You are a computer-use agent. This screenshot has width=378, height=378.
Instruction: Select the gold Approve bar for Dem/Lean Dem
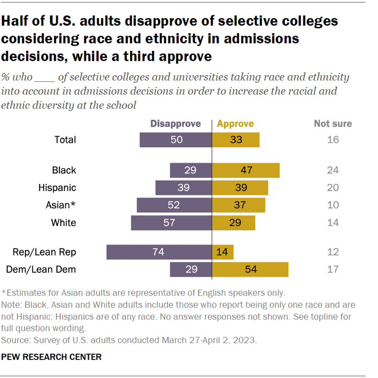pos(250,270)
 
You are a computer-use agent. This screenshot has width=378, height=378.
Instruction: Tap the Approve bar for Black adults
pos(246,170)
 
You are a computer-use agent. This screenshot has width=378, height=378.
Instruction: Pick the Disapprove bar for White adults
pos(171,223)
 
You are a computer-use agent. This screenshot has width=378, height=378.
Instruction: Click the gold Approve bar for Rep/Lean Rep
pos(223,252)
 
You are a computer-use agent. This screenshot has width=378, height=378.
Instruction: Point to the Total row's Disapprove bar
pos(176,139)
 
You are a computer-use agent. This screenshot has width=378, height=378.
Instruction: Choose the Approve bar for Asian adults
pos(238,205)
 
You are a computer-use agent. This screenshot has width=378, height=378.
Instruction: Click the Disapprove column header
pos(175,124)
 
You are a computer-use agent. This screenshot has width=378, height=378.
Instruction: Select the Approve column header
pos(235,124)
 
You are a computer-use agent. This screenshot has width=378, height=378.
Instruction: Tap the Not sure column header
pos(333,124)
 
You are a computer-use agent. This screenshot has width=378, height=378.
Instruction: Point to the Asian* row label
pos(61,205)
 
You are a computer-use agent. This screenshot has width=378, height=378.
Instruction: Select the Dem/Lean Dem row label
pos(41,270)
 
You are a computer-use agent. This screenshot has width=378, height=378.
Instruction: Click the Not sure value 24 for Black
pos(333,170)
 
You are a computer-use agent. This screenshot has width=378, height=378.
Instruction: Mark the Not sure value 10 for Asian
pos(333,205)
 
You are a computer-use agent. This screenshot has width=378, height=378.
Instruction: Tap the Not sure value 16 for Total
pos(333,139)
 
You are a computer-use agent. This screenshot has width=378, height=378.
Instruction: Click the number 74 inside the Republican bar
pos(158,252)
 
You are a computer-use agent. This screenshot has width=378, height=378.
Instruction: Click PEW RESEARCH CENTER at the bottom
pos(52,357)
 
